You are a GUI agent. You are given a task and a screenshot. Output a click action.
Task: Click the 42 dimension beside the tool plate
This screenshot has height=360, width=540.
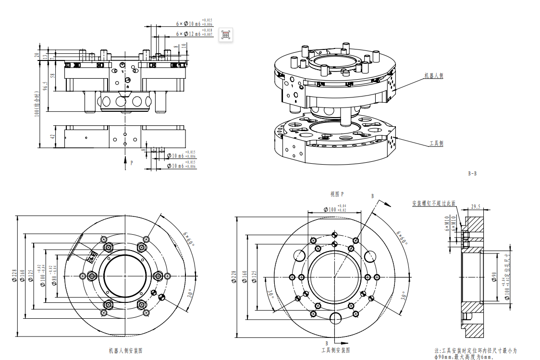point(53,137)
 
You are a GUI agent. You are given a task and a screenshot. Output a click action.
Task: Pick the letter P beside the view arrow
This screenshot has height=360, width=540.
point(132,163)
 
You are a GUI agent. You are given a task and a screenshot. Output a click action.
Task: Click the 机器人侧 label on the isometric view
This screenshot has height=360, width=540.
point(433,75)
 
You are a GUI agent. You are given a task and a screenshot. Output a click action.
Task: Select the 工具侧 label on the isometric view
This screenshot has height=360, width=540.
point(436,144)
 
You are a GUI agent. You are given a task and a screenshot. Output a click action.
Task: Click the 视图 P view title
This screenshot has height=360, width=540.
point(337,194)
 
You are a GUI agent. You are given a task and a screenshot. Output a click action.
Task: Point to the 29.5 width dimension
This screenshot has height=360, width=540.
point(476,207)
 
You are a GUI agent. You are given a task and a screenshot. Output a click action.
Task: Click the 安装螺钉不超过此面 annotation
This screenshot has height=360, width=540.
point(433,204)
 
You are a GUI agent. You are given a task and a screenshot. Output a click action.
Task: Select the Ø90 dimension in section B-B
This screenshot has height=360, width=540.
point(493,276)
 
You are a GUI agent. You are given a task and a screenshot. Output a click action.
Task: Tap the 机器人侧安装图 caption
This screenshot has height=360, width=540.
point(125,351)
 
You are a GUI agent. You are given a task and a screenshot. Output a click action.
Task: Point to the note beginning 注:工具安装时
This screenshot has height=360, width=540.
point(476,354)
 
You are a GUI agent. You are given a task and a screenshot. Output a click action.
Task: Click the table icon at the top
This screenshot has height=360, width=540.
point(226,35)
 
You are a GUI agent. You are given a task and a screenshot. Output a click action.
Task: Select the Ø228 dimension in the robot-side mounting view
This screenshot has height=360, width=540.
point(14,276)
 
